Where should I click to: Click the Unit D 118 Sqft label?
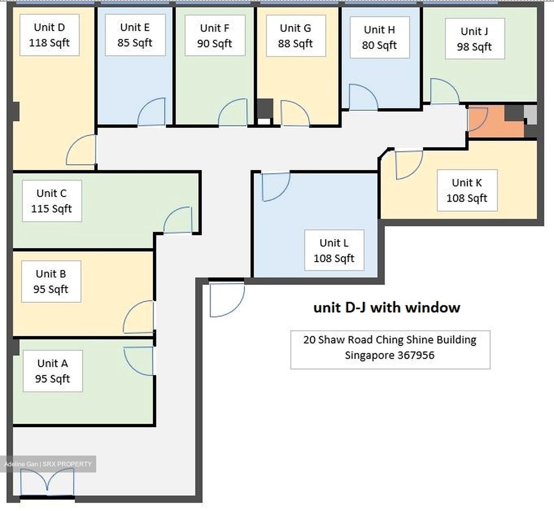click(49, 35)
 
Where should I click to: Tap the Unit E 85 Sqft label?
click(135, 35)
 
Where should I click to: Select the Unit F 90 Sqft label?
click(215, 35)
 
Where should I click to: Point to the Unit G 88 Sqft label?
click(296, 36)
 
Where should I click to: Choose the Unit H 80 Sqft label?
click(379, 37)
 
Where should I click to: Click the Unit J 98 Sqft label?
click(475, 39)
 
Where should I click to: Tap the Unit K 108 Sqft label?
click(467, 190)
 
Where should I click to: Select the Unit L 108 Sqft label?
click(334, 250)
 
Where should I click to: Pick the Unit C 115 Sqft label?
click(52, 201)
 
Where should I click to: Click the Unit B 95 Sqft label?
click(51, 281)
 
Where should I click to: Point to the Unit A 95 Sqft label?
click(52, 371)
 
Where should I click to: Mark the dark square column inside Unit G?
click(265, 108)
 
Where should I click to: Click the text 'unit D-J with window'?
click(387, 307)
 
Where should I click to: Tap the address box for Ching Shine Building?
click(390, 350)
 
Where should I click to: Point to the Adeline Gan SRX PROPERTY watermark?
click(48, 464)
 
